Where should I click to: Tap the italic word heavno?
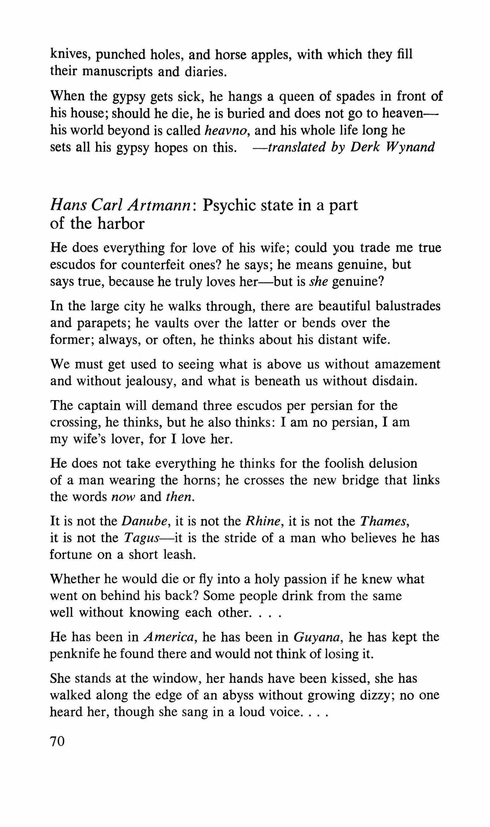click(225, 130)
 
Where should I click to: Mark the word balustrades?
click(408, 306)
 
